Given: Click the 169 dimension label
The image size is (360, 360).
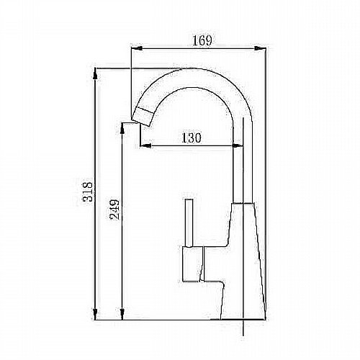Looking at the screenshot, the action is [x=202, y=40].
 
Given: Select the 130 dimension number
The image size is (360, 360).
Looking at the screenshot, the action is [x=192, y=138].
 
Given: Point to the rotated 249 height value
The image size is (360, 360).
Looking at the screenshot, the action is [x=114, y=210].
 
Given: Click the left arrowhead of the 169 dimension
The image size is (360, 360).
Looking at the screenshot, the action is [x=137, y=48].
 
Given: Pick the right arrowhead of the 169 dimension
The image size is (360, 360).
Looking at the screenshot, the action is [x=260, y=48].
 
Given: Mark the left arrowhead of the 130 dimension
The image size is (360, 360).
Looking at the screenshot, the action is [x=145, y=145].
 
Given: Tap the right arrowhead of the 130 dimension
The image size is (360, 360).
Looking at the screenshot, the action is [x=238, y=145].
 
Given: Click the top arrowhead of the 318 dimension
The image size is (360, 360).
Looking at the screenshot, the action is [x=95, y=73].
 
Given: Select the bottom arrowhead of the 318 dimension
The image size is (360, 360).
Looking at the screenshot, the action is [x=95, y=314].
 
